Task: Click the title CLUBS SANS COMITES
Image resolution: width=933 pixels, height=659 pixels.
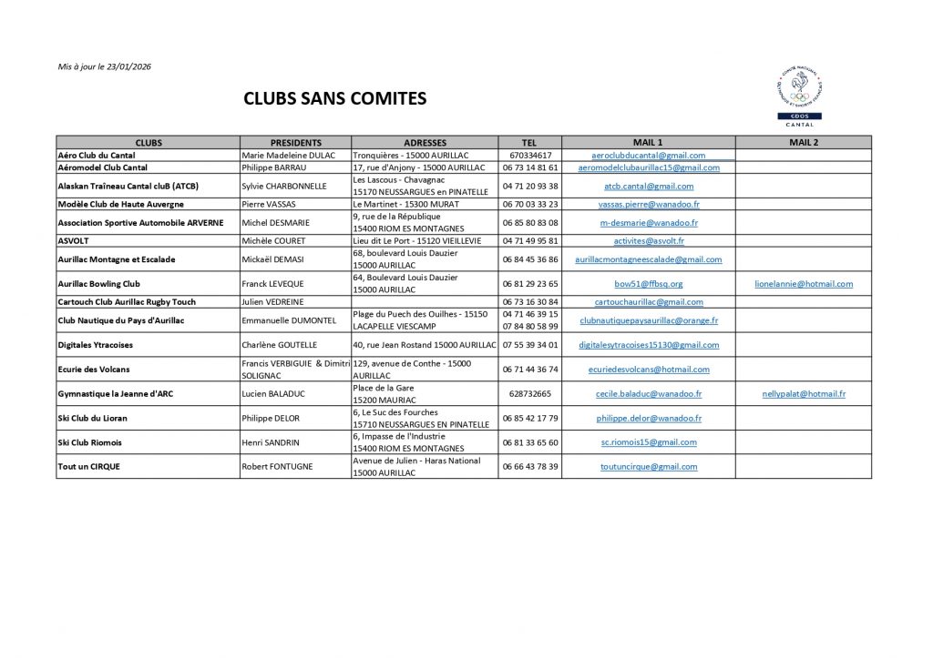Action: [334, 99]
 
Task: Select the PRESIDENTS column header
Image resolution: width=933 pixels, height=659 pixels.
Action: [296, 143]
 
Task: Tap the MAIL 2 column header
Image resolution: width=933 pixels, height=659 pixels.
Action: [803, 143]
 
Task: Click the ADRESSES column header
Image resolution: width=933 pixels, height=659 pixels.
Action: [424, 143]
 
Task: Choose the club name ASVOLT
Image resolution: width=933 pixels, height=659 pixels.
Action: [74, 241]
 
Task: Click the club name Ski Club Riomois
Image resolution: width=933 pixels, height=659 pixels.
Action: [89, 442]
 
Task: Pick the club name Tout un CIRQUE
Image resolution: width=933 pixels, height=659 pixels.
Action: [88, 467]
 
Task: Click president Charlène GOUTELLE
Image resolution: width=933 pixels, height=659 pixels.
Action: [280, 345]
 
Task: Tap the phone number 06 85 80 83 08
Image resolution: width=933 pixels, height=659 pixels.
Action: [529, 223]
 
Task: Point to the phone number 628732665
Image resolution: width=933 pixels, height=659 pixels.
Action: [529, 394]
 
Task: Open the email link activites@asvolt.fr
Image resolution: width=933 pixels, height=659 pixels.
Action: [648, 241]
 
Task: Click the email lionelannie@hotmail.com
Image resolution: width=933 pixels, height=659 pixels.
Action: [804, 284]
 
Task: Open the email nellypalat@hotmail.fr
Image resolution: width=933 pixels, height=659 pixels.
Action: [804, 394]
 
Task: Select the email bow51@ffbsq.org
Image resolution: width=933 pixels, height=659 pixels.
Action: [648, 284]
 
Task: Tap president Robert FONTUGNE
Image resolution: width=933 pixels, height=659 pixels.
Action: [277, 467]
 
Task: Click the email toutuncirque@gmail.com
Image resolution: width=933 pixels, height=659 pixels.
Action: [648, 467]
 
